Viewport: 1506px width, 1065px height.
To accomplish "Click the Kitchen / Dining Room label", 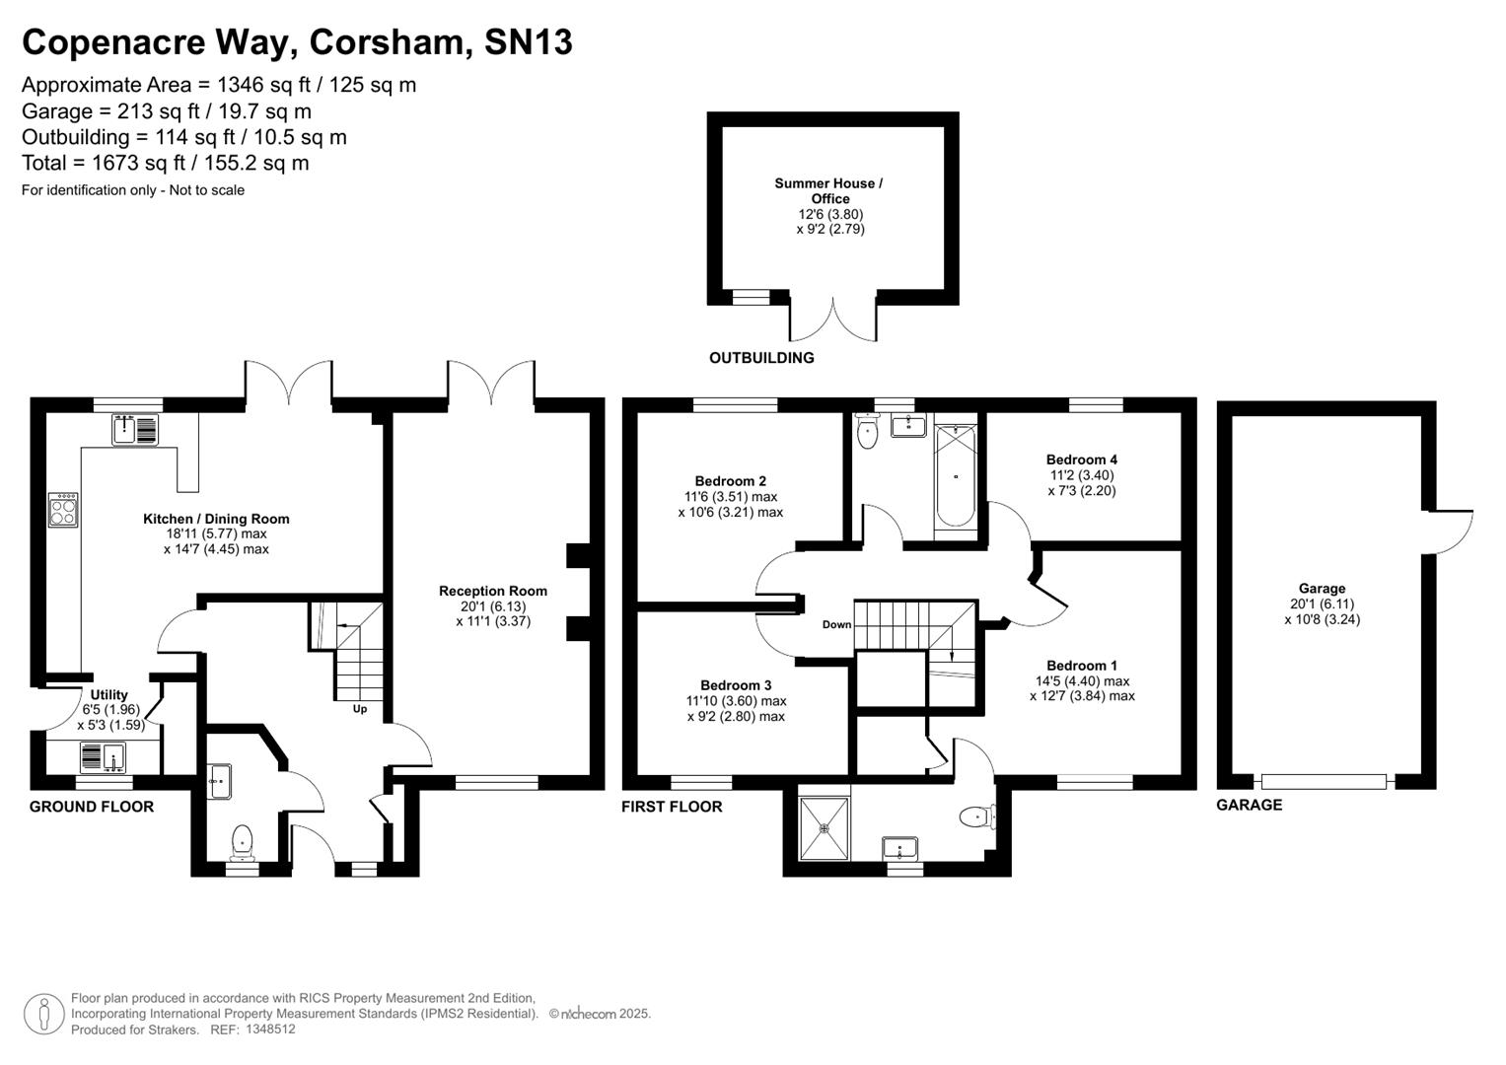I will coord(216,519).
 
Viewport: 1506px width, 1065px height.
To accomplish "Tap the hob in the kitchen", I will coord(63,510).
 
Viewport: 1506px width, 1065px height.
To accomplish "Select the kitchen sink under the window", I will coord(135,430).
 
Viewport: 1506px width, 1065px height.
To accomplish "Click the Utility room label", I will coord(109,695).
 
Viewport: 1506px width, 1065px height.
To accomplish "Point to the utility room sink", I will coord(103,757).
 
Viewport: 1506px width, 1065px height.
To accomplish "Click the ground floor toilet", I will coord(242,841).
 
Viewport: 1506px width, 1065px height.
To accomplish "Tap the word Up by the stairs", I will coord(360,708).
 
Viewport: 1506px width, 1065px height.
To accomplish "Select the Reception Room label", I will coord(493,592).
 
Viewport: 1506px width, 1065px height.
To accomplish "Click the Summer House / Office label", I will coord(828,190).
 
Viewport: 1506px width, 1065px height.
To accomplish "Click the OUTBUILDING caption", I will coord(761,358).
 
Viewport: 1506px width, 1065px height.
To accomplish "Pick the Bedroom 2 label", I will coord(730,481).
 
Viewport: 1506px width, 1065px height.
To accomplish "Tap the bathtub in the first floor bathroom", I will coord(955,476).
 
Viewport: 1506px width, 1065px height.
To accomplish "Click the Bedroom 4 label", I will coord(1082,460).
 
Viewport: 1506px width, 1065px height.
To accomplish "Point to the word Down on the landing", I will coord(836,624).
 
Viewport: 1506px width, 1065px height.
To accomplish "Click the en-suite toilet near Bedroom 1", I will coord(977,816).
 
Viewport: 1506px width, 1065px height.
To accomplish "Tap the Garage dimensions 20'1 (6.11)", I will coord(1322,604).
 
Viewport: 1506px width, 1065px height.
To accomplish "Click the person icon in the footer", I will coord(43,1014).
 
